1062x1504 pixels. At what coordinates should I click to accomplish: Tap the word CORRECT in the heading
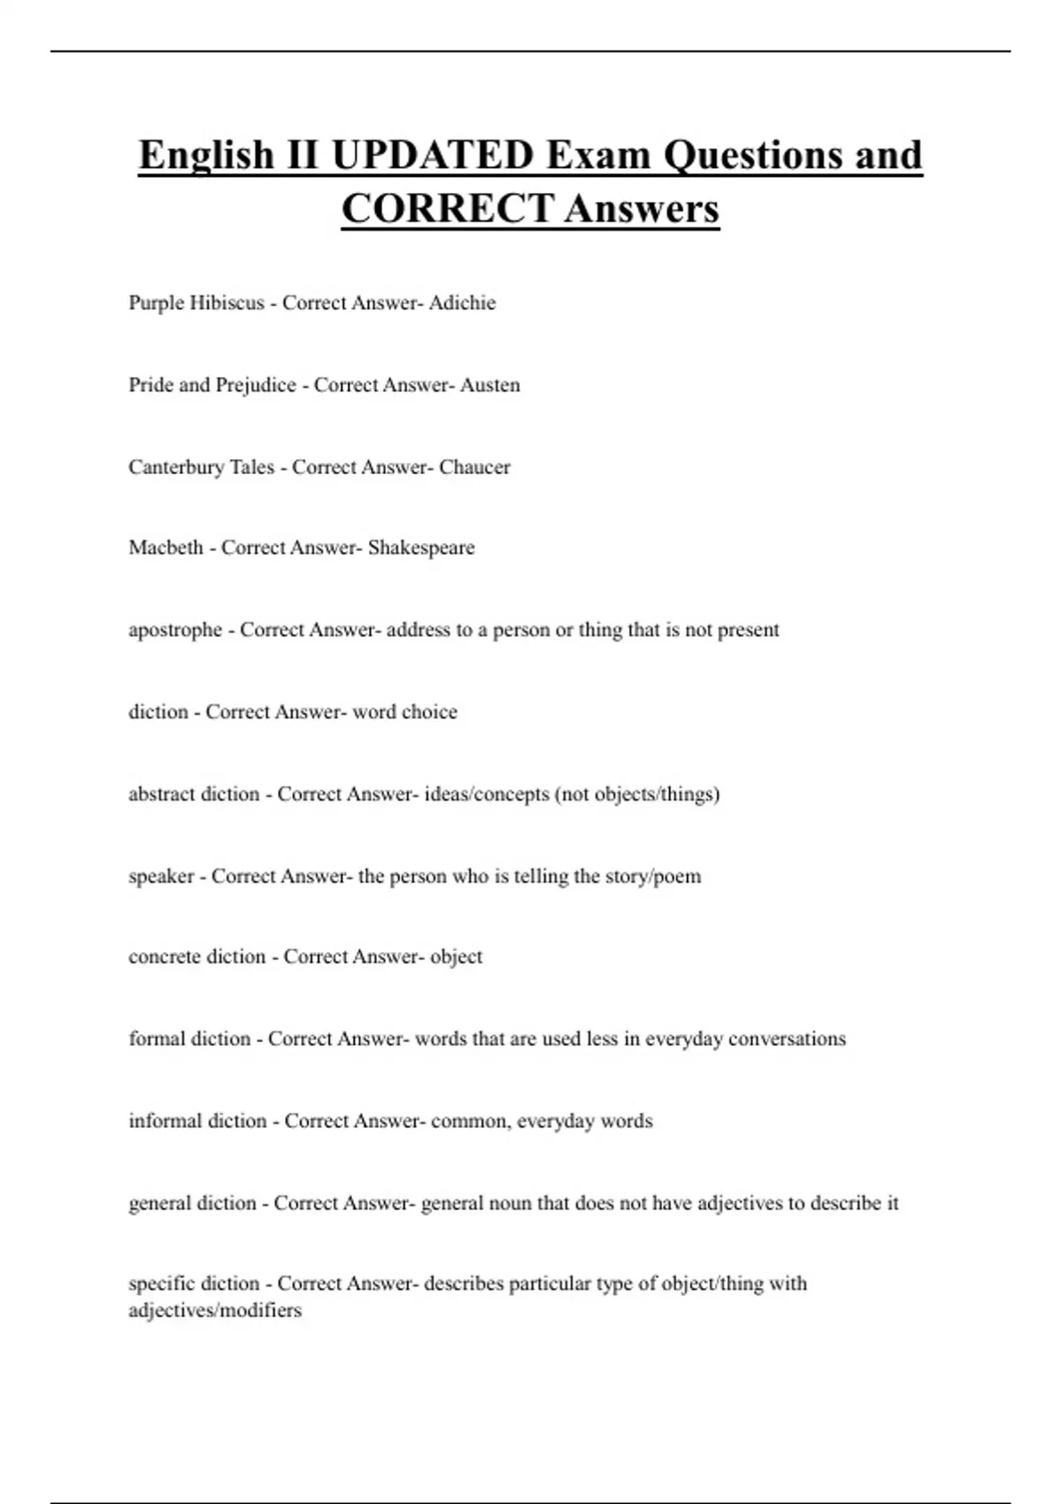(x=447, y=210)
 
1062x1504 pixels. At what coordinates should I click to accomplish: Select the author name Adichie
(x=462, y=303)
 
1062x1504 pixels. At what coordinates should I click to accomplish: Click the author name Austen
(x=489, y=385)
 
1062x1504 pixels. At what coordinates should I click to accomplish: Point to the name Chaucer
(x=474, y=467)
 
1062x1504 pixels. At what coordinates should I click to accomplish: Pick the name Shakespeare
(x=421, y=548)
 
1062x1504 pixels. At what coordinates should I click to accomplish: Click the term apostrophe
(x=175, y=630)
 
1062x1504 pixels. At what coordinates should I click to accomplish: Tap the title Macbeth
(x=165, y=548)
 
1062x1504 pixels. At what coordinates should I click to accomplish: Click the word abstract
(x=161, y=794)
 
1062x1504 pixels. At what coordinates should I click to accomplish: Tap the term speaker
(x=161, y=877)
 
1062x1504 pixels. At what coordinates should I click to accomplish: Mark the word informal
(x=164, y=1121)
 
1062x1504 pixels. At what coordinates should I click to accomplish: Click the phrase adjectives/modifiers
(x=215, y=1310)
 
